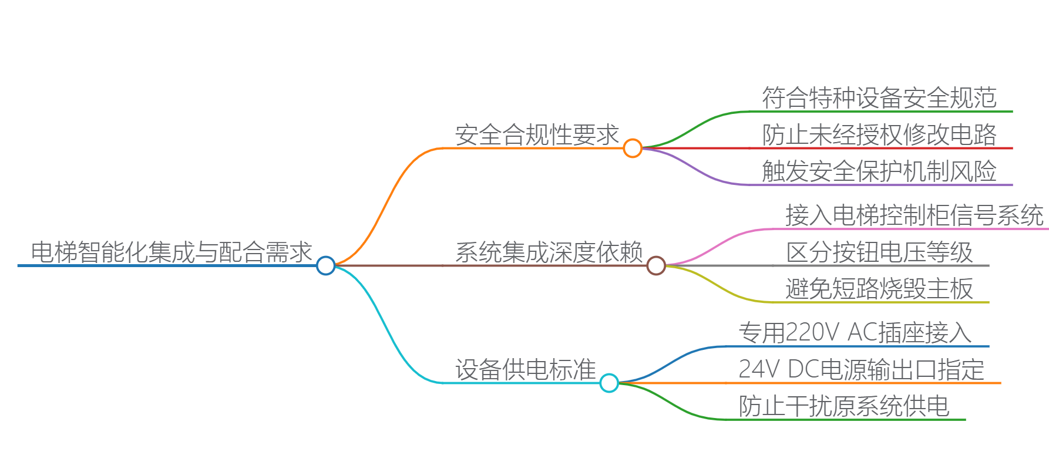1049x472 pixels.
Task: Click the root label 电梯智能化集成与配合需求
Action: tap(171, 252)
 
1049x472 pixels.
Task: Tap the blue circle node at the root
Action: tap(325, 265)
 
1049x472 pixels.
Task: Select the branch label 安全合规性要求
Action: tap(537, 135)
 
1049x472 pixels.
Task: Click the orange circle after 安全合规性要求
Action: tap(632, 148)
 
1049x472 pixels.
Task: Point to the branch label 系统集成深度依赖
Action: tap(549, 252)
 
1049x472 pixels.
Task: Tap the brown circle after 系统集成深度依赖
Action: tap(655, 265)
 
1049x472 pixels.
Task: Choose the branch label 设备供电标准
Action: tap(525, 370)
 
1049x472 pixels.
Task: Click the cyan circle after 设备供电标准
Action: tap(609, 383)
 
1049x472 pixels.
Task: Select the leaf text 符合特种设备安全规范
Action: tap(879, 98)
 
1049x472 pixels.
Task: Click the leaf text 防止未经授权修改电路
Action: tap(879, 135)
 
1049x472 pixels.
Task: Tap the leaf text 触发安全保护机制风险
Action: tap(879, 171)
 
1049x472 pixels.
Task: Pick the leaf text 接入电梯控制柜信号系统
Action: tap(914, 215)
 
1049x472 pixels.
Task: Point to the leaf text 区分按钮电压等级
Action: tap(879, 252)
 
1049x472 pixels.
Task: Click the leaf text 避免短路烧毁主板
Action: tap(879, 289)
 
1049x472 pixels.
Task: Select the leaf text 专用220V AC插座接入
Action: tap(855, 333)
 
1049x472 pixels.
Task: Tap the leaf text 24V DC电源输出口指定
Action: tap(861, 370)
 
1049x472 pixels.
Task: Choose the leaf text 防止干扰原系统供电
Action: tap(843, 406)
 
